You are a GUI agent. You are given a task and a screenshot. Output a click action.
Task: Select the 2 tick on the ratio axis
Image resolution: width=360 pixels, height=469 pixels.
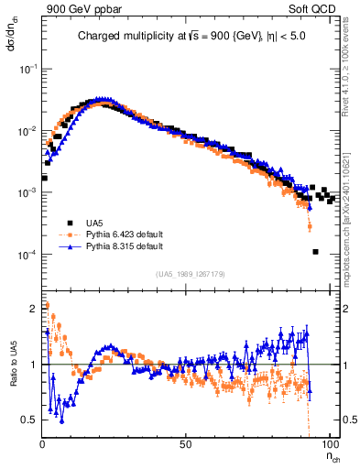(x=34, y=308)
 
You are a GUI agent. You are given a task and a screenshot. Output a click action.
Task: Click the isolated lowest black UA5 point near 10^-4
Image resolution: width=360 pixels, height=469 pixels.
(x=315, y=252)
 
